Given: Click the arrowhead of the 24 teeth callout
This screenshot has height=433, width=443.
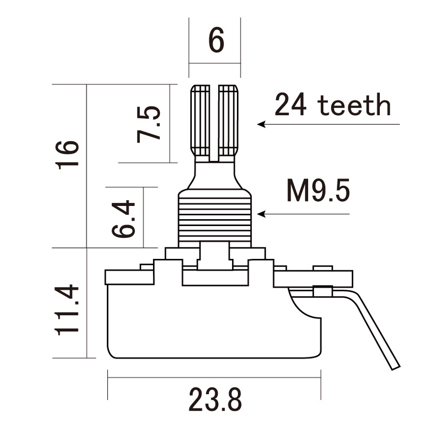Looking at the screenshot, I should (x=261, y=125).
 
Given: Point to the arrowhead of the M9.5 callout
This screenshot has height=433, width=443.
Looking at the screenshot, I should (x=260, y=214).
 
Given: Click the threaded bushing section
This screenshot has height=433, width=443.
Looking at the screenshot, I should (x=214, y=218).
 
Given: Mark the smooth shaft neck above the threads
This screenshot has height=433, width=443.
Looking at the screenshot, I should (x=214, y=175).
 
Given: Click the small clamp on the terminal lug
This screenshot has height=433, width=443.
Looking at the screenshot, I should (x=322, y=290).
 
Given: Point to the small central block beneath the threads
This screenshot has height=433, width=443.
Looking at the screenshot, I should (x=214, y=255).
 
